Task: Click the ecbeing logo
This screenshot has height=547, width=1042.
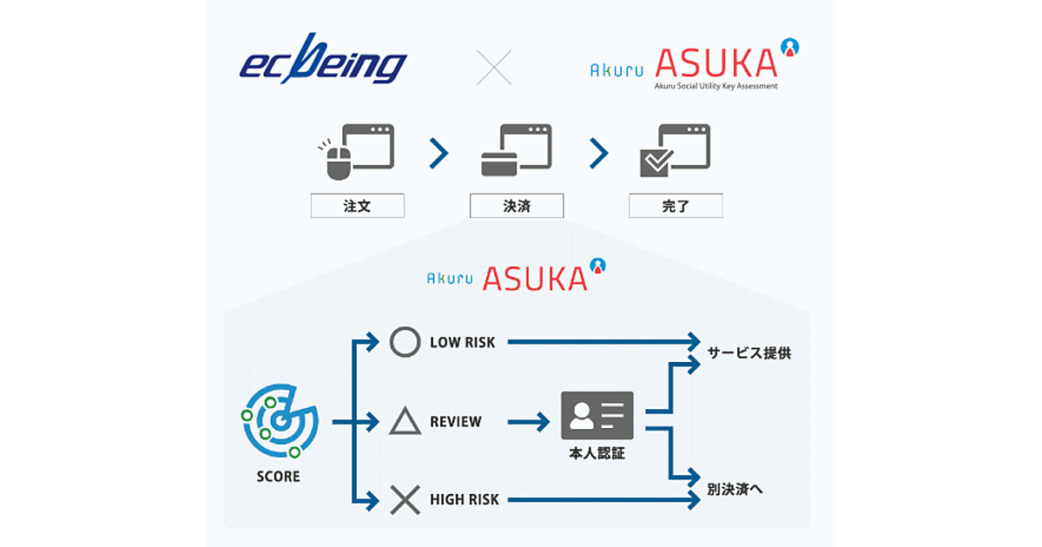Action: (322, 61)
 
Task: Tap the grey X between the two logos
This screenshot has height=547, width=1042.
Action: (494, 67)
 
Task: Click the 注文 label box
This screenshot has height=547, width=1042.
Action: (358, 206)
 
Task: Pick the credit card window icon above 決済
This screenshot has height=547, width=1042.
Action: (516, 151)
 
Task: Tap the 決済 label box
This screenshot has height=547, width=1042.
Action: (517, 206)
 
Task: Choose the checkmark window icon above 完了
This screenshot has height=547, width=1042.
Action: (675, 151)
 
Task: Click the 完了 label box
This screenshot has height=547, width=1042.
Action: (676, 206)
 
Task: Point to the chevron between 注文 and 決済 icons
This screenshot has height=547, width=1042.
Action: (439, 154)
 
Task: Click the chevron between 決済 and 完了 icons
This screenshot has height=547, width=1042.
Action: (598, 154)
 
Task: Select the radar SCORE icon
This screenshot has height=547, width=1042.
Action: (279, 422)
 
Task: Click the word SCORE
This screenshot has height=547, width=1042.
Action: (279, 477)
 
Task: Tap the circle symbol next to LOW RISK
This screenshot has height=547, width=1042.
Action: (405, 342)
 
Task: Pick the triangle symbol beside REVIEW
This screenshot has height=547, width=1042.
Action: (405, 422)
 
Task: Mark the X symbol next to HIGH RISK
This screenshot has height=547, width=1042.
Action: (405, 500)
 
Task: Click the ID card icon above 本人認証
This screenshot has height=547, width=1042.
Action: (597, 415)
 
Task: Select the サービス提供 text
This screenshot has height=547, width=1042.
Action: (749, 353)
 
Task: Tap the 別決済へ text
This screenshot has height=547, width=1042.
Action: (735, 489)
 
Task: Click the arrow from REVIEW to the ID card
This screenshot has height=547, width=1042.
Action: (529, 423)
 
